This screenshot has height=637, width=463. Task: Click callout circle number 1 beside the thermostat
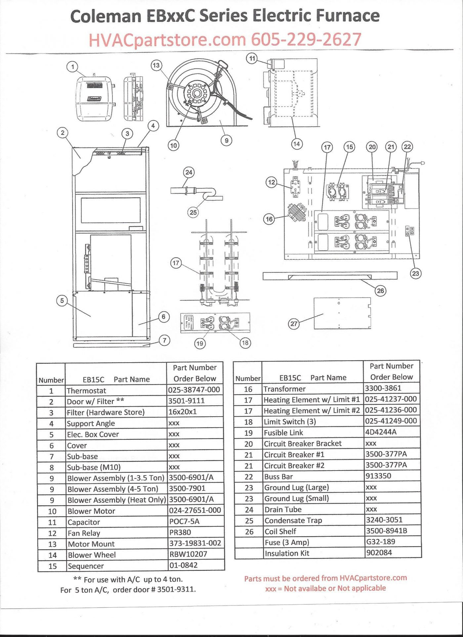click(72, 67)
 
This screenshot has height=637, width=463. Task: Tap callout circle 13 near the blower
click(156, 65)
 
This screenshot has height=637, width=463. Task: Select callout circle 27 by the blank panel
click(294, 324)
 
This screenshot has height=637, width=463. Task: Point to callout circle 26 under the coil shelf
click(381, 291)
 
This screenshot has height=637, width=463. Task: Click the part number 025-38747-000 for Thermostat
click(194, 389)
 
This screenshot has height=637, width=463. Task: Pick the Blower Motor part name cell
click(91, 511)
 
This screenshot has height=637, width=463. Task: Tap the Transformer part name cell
click(284, 389)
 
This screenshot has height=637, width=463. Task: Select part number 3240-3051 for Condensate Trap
click(384, 520)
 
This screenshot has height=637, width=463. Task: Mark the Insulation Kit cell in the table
click(287, 553)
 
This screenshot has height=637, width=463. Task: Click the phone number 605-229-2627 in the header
click(306, 40)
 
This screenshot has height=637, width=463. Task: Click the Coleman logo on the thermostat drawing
click(94, 99)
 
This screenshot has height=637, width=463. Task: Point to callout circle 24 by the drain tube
click(189, 172)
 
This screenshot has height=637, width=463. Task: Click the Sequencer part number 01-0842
click(183, 565)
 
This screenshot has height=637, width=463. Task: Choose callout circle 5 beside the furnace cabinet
click(62, 301)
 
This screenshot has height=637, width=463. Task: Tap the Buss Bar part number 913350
click(378, 476)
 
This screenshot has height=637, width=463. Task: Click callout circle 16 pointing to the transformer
click(270, 219)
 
